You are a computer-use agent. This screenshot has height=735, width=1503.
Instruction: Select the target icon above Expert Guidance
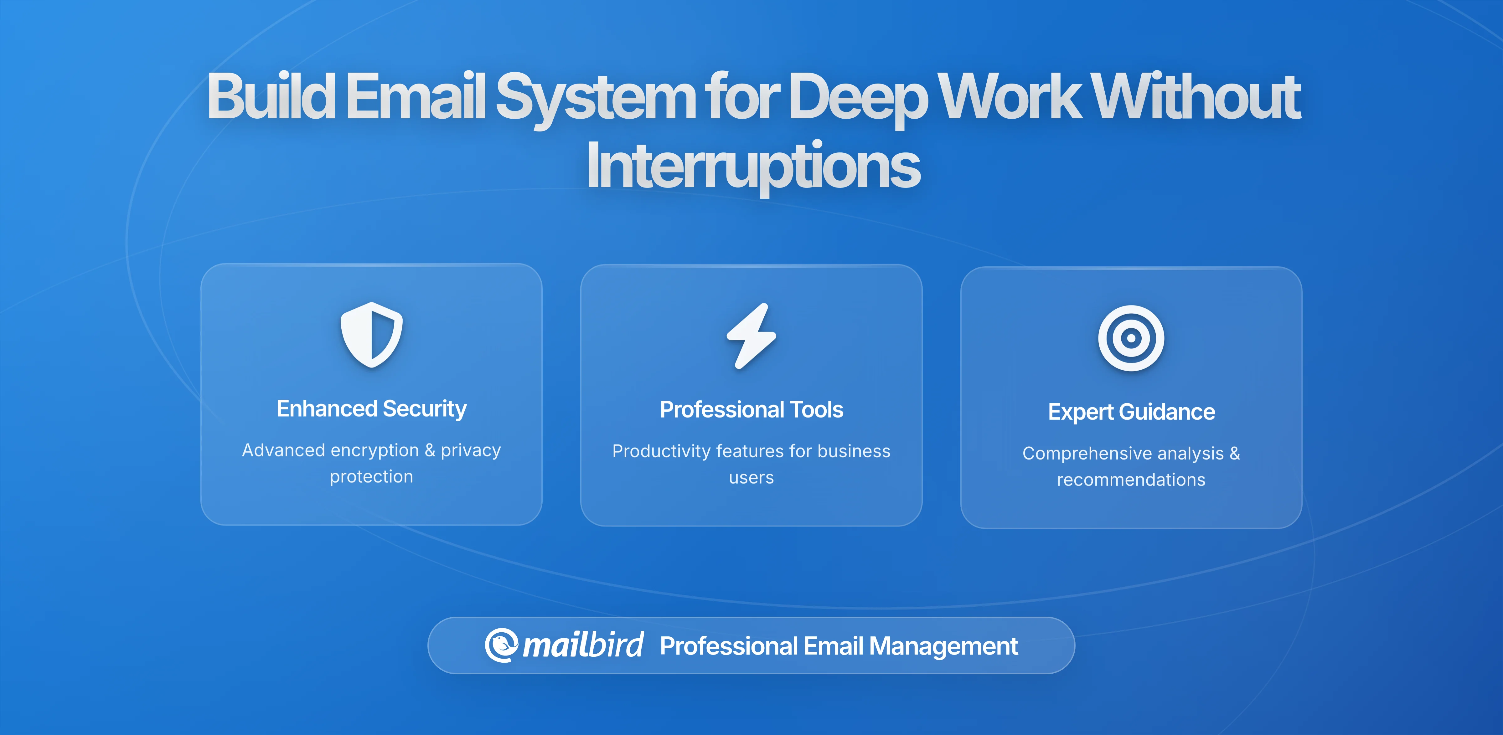pyautogui.click(x=1131, y=338)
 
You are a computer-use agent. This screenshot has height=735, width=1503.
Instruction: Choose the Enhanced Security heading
pyautogui.click(x=372, y=409)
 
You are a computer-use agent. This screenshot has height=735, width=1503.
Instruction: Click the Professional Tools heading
pyautogui.click(x=751, y=410)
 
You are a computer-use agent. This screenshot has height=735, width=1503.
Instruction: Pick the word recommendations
pyautogui.click(x=1131, y=480)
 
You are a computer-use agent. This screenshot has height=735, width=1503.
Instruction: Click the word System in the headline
pyautogui.click(x=595, y=97)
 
